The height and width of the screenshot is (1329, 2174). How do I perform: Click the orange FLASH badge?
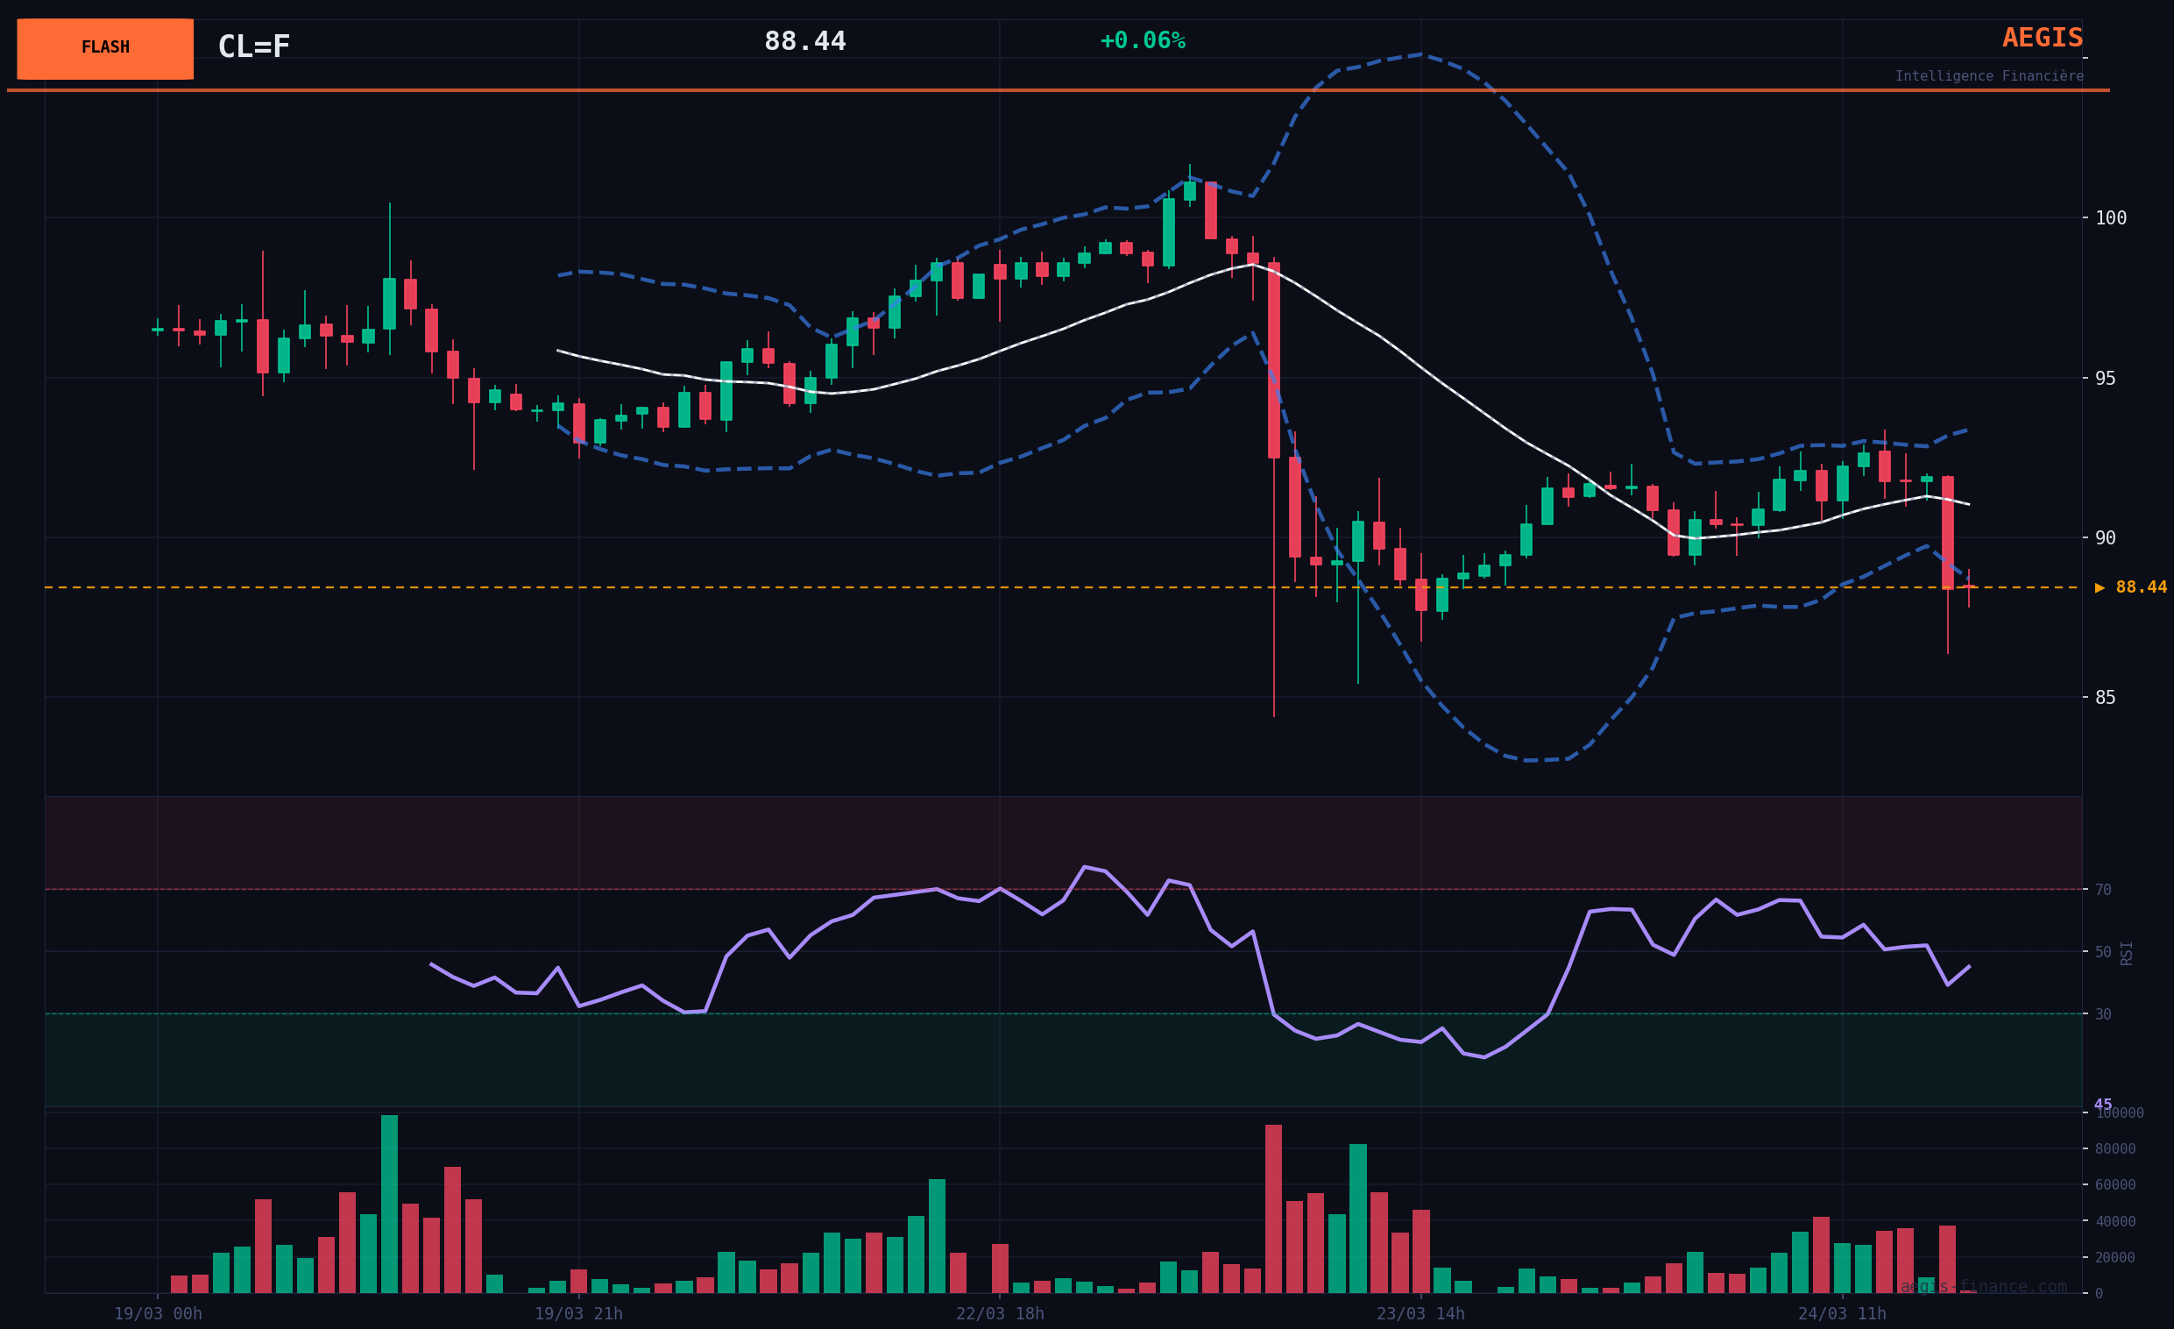105,48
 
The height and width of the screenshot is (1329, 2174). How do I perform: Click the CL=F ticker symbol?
254,46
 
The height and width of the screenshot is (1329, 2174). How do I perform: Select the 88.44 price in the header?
804,41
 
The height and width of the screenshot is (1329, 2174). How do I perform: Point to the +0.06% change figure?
1143,40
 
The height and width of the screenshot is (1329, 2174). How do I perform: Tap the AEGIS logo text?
2042,38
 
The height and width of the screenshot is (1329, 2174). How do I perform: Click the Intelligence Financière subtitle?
1989,76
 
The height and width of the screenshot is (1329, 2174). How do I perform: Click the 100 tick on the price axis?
2111,218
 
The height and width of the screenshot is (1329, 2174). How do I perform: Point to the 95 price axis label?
2105,378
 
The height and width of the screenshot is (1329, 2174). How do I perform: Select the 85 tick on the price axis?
2105,697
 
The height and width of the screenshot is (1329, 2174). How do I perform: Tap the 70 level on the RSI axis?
2103,890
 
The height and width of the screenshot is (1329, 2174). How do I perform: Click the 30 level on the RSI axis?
2103,1015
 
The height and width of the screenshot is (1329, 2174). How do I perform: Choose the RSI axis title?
2127,953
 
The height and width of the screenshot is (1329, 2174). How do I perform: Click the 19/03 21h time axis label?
578,1314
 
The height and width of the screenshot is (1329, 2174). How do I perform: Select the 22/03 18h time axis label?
1000,1314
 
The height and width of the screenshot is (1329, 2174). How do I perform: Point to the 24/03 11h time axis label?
1842,1314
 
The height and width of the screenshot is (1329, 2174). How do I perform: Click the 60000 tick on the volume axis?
2115,1184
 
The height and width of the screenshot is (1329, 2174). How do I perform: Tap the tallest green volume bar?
389,1204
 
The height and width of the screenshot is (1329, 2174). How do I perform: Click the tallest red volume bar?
1273,1209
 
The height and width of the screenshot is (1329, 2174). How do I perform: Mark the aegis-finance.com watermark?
1983,1287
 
